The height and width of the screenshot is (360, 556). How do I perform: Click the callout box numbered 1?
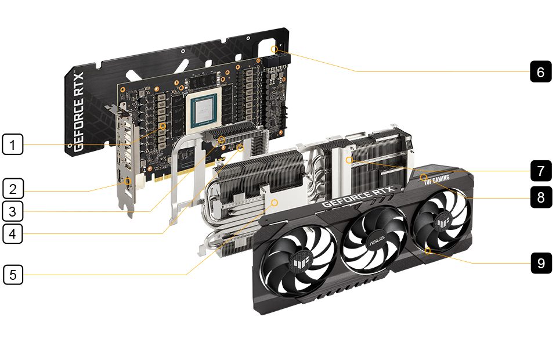click(13, 144)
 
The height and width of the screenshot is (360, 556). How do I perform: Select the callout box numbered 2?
click(13, 188)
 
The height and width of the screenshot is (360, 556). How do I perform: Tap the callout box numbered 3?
click(13, 211)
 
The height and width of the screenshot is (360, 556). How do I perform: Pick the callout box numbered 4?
click(13, 233)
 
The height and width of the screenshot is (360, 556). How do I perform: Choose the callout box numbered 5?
click(13, 275)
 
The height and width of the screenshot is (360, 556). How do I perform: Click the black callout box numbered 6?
click(541, 71)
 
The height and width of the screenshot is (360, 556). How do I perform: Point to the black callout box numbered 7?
click(541, 171)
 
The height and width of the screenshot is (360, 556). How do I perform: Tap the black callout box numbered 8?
click(541, 197)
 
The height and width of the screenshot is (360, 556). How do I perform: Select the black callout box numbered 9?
click(541, 263)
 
